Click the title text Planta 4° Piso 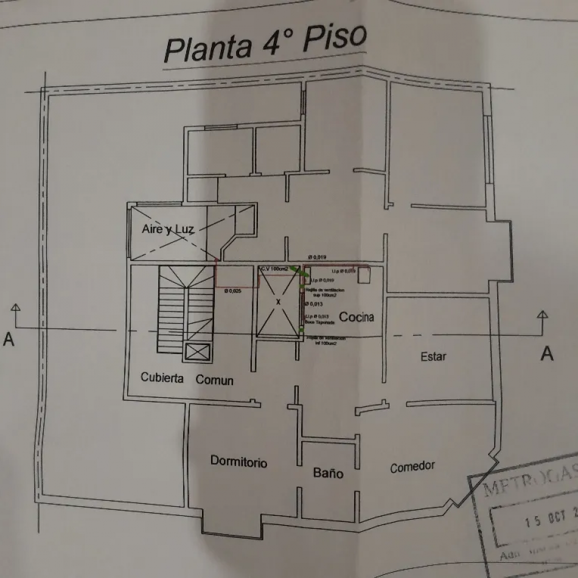[x=266, y=43]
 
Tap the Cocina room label [x=356, y=317]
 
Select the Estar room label [x=433, y=357]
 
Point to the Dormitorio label [x=239, y=462]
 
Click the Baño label [x=328, y=473]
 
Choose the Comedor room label [x=413, y=467]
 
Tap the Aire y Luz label [x=167, y=229]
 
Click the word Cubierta [x=162, y=378]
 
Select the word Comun [x=214, y=380]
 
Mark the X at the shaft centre [x=279, y=302]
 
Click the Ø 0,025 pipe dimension [x=233, y=291]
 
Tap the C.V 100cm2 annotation [x=274, y=268]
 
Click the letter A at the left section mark [x=9, y=339]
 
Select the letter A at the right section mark [x=547, y=353]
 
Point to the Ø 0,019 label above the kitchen [x=318, y=258]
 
